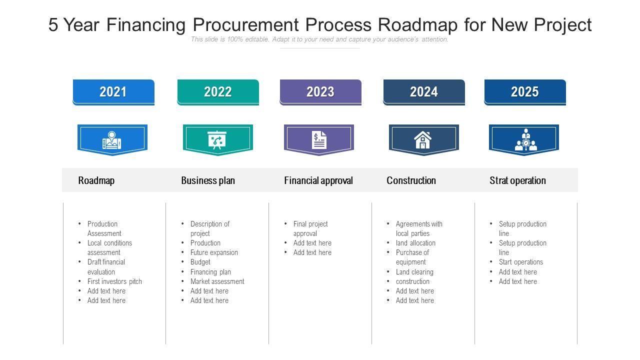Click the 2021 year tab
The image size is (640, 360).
tap(113, 92)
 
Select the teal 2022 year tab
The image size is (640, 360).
tap(218, 92)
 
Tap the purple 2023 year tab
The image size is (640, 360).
tap(320, 92)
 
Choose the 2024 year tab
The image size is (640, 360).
tap(424, 92)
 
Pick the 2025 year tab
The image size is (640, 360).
tap(525, 92)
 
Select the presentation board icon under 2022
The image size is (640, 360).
tap(217, 140)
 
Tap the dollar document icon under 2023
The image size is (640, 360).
tap(319, 140)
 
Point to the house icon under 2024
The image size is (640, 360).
tap(423, 140)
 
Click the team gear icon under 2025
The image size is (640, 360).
tap(526, 140)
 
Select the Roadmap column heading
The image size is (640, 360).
tap(96, 180)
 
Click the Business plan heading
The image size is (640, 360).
tap(208, 180)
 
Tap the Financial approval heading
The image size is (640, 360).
tap(318, 180)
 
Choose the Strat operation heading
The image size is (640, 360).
tap(517, 180)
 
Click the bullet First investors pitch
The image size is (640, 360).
tap(114, 281)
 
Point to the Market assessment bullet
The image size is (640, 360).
tap(217, 281)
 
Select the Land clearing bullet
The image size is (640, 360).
tap(414, 272)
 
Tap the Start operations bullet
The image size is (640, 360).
tap(520, 262)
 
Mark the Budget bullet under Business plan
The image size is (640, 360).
tap(200, 262)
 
